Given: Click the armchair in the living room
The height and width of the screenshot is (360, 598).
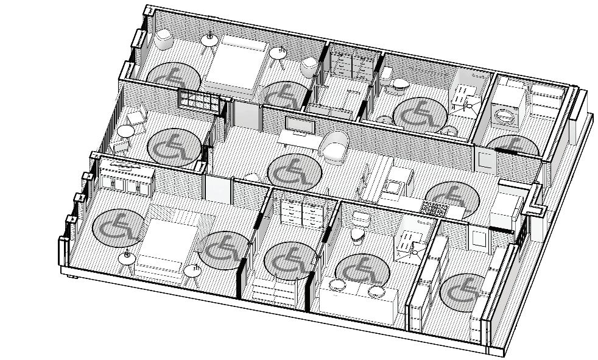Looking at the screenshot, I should click(334, 147).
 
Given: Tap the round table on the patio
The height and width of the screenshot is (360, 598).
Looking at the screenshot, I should click(125, 131).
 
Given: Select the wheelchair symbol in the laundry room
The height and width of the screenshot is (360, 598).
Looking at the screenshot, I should click(513, 146).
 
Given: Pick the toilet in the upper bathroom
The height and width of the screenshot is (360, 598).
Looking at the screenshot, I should click(399, 83).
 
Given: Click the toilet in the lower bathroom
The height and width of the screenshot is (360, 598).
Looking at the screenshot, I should click(359, 233).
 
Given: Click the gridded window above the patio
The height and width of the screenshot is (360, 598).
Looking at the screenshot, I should click(198, 100).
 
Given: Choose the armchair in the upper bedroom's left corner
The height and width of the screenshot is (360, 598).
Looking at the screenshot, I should click(163, 40).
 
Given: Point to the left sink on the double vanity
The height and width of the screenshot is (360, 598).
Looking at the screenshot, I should click(337, 283).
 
